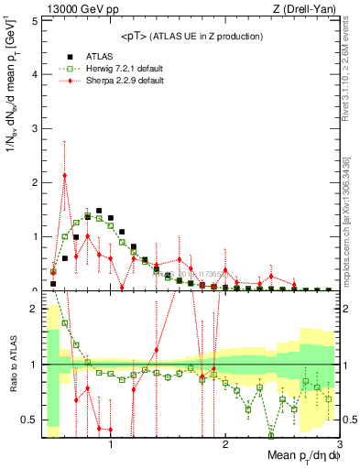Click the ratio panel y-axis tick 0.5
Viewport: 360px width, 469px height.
click(x=29, y=420)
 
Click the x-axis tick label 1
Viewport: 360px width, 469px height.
click(x=111, y=444)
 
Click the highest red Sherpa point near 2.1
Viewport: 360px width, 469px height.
click(x=64, y=175)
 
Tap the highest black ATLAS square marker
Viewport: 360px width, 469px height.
click(x=99, y=211)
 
